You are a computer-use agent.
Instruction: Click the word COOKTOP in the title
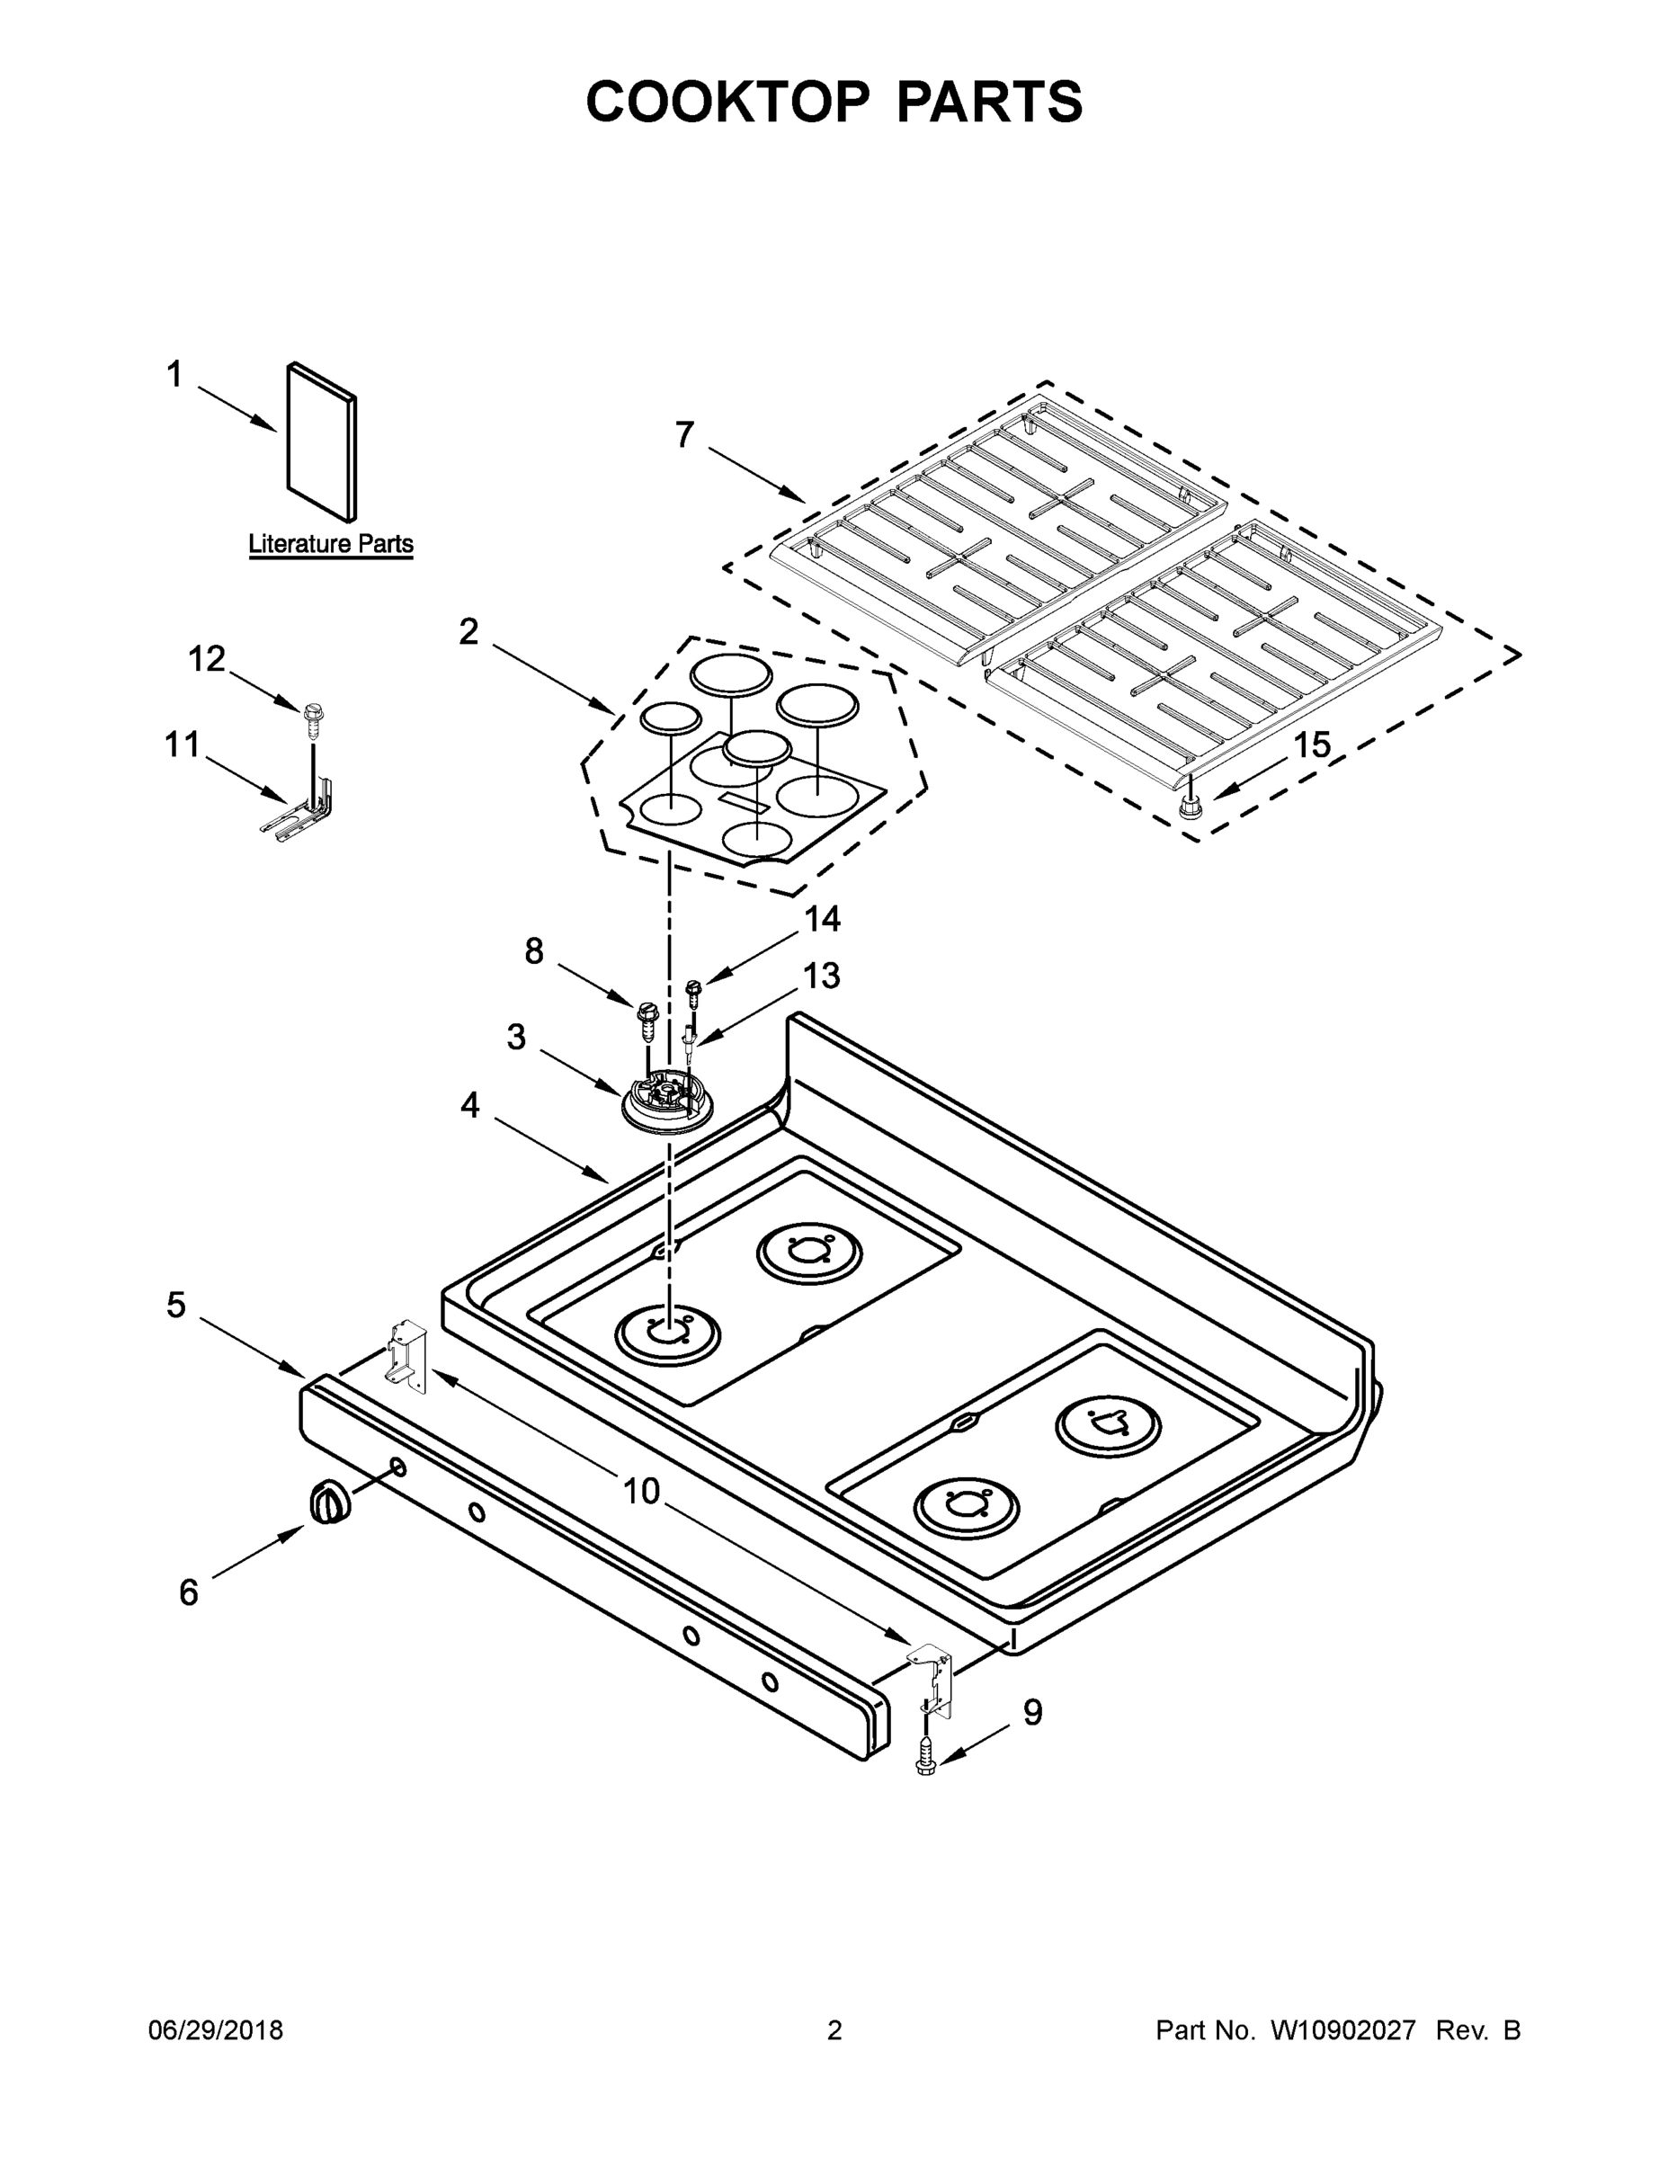click(728, 102)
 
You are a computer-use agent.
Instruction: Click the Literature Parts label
click(330, 543)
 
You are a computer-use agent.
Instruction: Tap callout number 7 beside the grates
click(685, 435)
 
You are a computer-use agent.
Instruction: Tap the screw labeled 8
click(647, 1019)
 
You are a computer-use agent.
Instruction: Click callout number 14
click(822, 919)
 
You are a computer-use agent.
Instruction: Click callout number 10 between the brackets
click(641, 1490)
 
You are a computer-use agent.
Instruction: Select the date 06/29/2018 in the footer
click(216, 2030)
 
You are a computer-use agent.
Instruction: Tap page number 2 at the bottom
click(834, 2030)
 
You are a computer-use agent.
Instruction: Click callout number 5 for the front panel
click(176, 1306)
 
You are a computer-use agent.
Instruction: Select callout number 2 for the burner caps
click(469, 631)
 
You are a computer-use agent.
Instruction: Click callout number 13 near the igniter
click(821, 976)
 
